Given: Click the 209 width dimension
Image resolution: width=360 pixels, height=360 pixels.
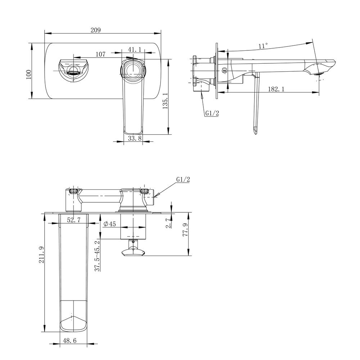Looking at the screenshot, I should point(95,30).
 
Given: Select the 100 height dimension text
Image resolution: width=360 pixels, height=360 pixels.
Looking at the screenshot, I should point(29,75).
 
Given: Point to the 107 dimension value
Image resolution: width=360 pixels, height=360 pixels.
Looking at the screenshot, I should point(100,54).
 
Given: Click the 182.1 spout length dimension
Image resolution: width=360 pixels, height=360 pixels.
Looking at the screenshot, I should point(276,89).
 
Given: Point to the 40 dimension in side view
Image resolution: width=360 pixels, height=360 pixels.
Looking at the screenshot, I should point(225,71).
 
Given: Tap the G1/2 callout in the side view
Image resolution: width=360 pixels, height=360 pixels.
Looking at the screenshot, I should point(212,113).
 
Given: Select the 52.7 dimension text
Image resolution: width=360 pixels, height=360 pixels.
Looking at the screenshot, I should point(73,220).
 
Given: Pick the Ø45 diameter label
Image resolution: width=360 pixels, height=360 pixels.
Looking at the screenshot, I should point(109,224).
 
